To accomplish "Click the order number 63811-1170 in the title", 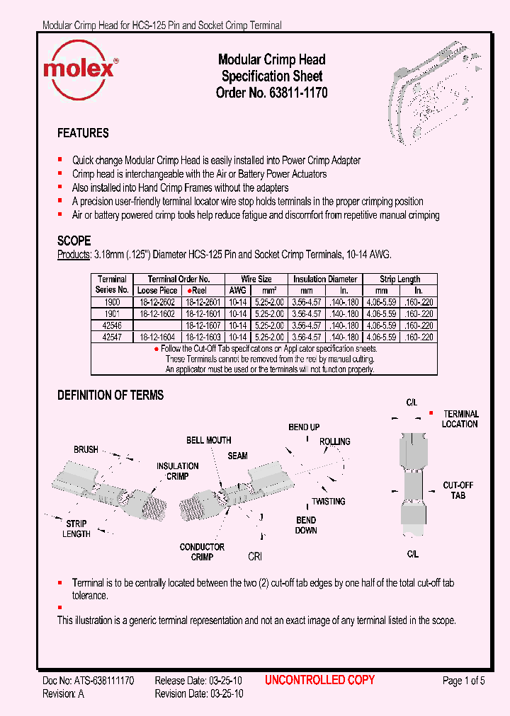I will (297, 93).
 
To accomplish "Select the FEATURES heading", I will (83, 133).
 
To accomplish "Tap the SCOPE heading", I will (74, 241).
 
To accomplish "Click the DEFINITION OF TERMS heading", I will (110, 395).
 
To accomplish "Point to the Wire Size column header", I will (256, 279).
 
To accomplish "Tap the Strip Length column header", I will (399, 279).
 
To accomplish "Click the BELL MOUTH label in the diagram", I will (209, 440).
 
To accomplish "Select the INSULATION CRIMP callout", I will (177, 471).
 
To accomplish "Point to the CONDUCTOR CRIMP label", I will (202, 552).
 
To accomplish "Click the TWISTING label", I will (329, 502).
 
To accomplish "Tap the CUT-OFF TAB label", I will (458, 490).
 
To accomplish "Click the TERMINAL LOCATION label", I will (460, 419).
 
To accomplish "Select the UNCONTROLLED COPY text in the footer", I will (319, 680).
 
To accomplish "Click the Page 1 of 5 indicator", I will (463, 681).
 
